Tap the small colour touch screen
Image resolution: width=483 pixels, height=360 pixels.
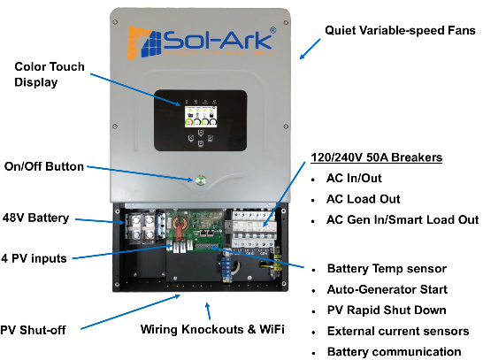click(x=201, y=117)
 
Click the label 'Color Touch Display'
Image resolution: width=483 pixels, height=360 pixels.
click(x=50, y=74)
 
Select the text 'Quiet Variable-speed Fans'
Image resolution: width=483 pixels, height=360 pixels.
click(x=400, y=30)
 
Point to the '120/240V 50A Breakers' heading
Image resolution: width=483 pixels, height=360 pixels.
click(x=377, y=157)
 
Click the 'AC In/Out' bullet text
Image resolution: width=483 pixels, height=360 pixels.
click(x=354, y=179)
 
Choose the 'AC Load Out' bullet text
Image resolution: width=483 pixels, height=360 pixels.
click(x=364, y=199)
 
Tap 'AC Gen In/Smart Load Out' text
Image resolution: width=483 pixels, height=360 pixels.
click(x=402, y=219)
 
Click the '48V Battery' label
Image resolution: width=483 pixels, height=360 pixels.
click(x=35, y=218)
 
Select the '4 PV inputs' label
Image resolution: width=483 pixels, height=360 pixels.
click(x=34, y=258)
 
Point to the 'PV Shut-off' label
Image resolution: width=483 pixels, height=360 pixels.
click(x=33, y=330)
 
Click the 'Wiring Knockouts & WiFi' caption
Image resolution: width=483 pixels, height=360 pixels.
click(x=212, y=329)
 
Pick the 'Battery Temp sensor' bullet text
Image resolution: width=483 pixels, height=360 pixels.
click(x=387, y=269)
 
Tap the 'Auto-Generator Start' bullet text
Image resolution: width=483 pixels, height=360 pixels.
click(x=387, y=289)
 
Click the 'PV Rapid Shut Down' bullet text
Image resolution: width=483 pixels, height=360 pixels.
click(x=387, y=310)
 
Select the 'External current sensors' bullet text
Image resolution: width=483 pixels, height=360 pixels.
click(x=398, y=331)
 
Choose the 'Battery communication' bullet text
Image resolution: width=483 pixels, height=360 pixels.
click(x=395, y=352)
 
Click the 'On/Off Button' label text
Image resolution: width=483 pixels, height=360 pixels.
click(x=44, y=166)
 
